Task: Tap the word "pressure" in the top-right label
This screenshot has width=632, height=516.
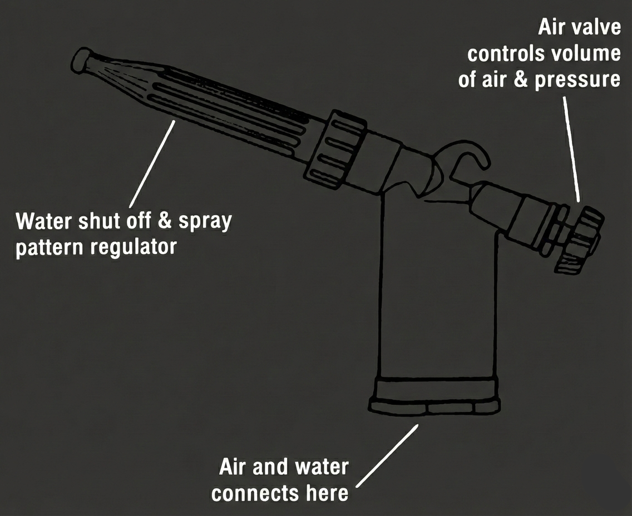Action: click(577, 80)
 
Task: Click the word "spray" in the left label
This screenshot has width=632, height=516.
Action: click(205, 222)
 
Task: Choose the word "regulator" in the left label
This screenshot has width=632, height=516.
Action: click(134, 246)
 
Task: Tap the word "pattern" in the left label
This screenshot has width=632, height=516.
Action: click(50, 247)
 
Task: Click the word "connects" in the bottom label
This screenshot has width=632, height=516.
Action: click(255, 493)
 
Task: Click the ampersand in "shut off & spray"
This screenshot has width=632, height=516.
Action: click(165, 221)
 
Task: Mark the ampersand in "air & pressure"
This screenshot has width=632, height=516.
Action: click(521, 80)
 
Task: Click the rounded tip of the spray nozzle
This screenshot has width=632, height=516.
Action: click(81, 60)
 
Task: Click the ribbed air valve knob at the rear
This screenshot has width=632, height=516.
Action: click(580, 240)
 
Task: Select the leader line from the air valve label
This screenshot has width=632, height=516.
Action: click(571, 149)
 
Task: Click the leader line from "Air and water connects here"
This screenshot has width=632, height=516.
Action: click(388, 455)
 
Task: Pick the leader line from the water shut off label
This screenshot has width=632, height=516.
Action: click(152, 163)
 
